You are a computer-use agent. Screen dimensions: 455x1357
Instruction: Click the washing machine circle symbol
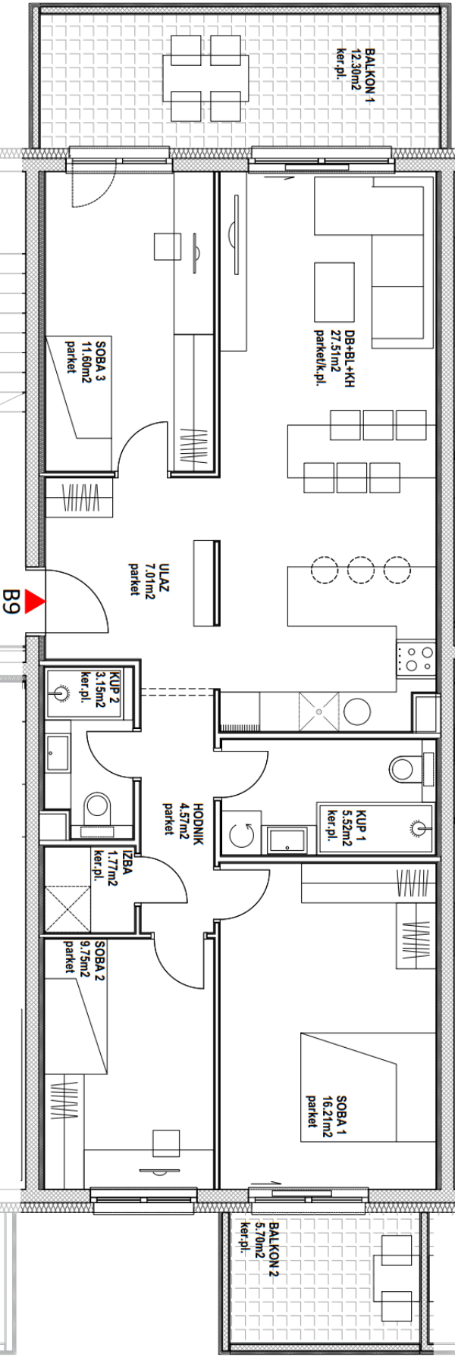[243, 836]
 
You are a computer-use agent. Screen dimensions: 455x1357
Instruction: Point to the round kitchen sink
[356, 713]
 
